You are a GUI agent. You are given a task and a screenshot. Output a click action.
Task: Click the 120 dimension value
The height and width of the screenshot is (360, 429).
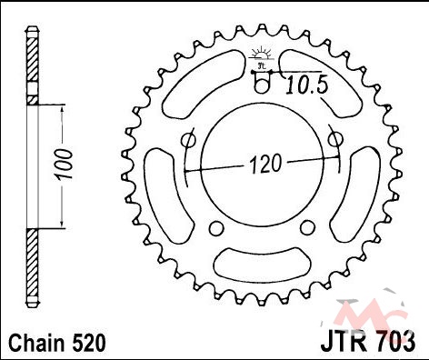click(265, 164)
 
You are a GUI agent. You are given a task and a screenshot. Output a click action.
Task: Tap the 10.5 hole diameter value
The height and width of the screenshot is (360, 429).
click(307, 85)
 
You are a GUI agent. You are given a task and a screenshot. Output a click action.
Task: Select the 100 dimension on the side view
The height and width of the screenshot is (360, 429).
click(65, 165)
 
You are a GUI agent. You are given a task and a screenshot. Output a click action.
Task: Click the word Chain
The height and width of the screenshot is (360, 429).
click(36, 343)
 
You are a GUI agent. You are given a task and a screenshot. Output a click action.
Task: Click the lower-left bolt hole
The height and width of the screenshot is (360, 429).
click(216, 229)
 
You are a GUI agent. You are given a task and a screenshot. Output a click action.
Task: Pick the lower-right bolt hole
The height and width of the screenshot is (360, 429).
click(308, 228)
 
